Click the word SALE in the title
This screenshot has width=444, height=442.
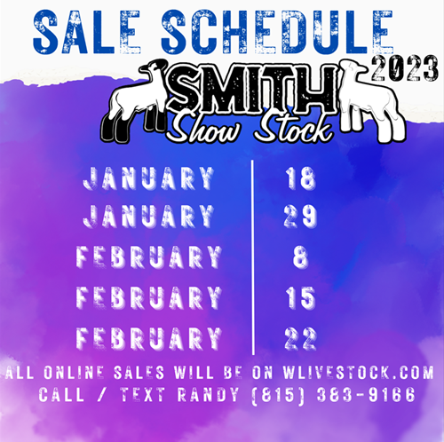pos(87,31)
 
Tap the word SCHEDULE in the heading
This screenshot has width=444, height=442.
pos(277,31)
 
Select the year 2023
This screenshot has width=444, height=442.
pos(405,68)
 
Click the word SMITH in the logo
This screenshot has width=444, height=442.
pos(251,89)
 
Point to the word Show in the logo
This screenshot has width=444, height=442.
pos(206,126)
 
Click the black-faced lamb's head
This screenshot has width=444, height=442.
pos(154,69)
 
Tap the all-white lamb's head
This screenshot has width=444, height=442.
pos(353,70)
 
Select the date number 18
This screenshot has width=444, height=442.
pos(300,178)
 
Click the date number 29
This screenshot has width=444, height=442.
pos(300,217)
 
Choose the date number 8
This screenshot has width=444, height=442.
pos(300,257)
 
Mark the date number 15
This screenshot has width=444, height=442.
pos(300,297)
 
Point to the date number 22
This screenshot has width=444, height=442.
pos(300,338)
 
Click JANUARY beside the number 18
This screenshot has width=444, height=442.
pos(148,178)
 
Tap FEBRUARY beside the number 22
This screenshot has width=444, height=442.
pos(149,338)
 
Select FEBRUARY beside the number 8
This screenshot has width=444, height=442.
pos(149,257)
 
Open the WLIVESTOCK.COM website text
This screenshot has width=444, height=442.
pos(358,372)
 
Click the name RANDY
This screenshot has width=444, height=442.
pos(208,394)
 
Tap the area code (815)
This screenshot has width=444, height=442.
pos(278,395)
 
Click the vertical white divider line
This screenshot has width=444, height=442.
pos(253,257)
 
